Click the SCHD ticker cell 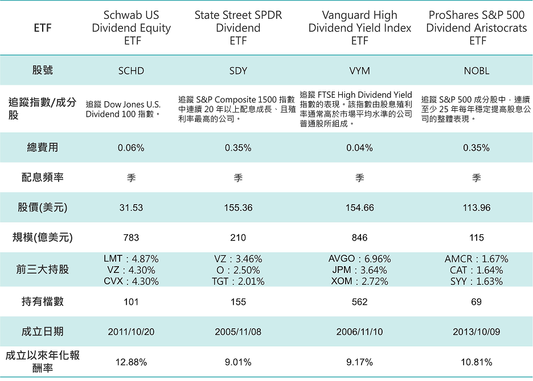pos(131,71)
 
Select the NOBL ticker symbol pos(476,71)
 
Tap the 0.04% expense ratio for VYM pos(360,148)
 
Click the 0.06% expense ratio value pos(131,148)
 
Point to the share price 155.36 pos(238,208)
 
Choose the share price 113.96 pos(476,208)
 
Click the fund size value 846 pos(360,238)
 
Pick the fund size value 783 pos(131,238)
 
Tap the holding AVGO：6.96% pos(360,259)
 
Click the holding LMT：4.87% pos(131,259)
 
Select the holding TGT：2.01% pos(238,281)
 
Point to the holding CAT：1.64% pos(476,270)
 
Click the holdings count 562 pos(360,302)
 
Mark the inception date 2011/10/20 pos(131,332)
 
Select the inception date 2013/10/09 pos(476,332)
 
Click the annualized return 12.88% pos(131,362)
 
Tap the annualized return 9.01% pos(238,362)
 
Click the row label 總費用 pos(43,148)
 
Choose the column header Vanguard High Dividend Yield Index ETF pos(360,28)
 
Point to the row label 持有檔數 pos(43,302)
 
